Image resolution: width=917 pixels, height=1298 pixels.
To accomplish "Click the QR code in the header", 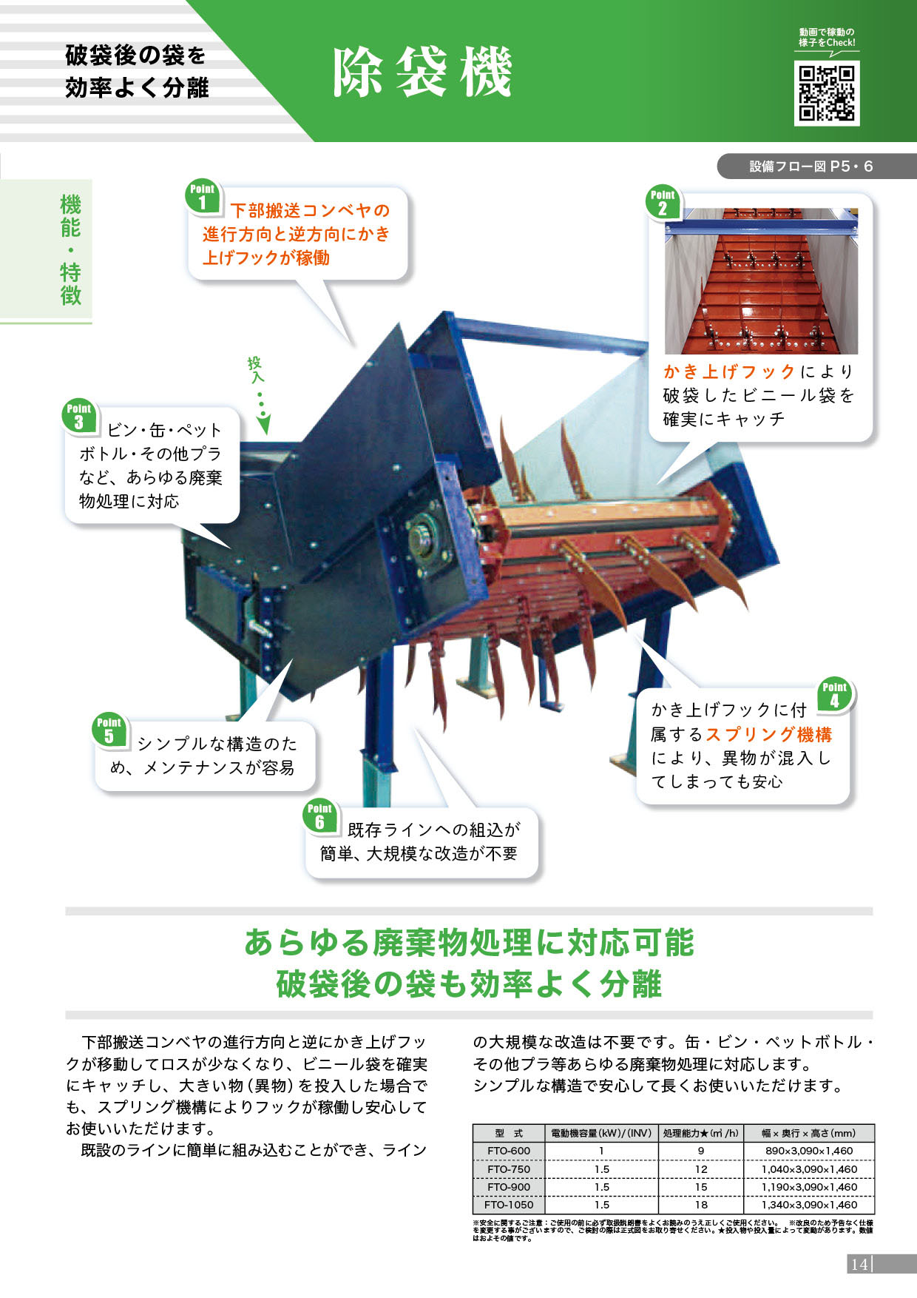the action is point(827,93).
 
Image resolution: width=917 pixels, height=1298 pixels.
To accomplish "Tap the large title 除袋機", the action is point(422,73).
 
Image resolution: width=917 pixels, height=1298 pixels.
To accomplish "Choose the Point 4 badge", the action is point(834,695).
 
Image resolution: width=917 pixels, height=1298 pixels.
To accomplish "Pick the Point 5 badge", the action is point(109,730).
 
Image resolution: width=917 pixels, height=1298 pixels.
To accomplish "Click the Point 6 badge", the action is point(319,816).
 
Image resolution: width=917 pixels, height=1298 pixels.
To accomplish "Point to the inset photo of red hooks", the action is point(761,281).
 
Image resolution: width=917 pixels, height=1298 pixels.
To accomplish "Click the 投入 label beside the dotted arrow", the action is point(254,369).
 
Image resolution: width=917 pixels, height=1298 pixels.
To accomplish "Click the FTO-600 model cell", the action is point(509,1151).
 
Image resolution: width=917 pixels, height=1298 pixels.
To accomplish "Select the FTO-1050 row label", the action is point(509,1205).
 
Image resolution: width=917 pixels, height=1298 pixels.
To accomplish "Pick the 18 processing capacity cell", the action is point(701,1205).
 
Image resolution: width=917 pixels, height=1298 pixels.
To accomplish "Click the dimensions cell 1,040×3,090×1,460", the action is point(809,1169).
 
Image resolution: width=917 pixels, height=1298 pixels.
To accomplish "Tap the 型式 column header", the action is point(509,1133).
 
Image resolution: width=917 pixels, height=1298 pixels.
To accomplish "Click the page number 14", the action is point(859,1264).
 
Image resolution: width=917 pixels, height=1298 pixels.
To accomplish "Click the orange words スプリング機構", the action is point(769,734).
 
